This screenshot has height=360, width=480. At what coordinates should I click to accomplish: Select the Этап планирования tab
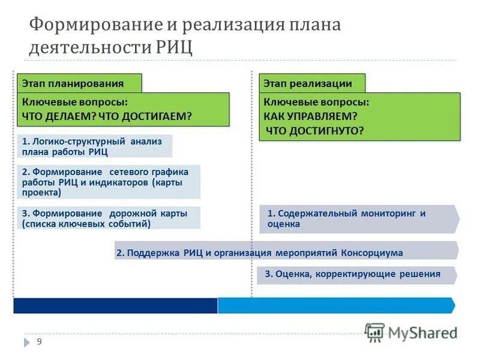point(73,84)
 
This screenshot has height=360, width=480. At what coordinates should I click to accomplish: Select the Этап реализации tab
point(306,84)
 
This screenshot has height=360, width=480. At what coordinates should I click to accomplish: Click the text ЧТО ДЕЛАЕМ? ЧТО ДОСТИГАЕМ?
point(107,116)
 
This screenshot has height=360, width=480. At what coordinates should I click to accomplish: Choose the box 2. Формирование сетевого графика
point(108,182)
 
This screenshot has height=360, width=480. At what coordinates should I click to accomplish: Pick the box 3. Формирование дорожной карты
point(108,218)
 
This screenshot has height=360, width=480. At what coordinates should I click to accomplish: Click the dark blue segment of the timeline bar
point(115,305)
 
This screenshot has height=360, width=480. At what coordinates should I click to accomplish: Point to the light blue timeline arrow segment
point(336,305)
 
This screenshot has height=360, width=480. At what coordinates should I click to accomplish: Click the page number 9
point(40,341)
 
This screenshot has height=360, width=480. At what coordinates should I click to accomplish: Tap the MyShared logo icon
point(375,332)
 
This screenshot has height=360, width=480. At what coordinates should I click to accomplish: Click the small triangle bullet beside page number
point(27,342)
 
